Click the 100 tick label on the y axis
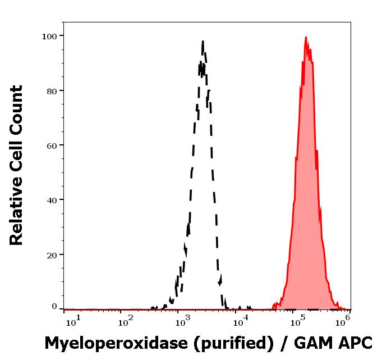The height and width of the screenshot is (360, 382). [x=49, y=36]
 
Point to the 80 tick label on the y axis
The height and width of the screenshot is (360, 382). [x=52, y=90]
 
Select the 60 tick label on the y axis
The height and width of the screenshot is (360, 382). [x=52, y=145]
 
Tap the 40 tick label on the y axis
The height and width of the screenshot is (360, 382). [x=52, y=199]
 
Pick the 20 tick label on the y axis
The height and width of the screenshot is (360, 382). [x=52, y=254]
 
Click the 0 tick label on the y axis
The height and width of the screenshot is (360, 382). [x=54, y=307]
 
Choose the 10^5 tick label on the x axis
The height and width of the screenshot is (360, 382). [x=297, y=320]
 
